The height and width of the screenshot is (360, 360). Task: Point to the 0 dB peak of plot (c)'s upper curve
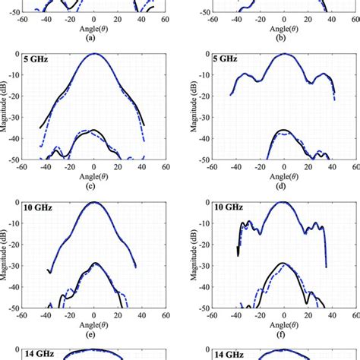point(93,54)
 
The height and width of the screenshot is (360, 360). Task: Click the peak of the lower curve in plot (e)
point(94,263)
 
